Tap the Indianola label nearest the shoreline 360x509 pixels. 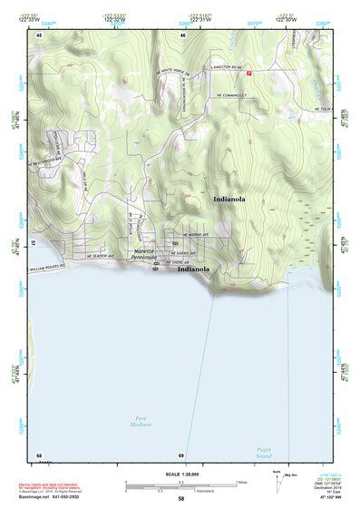click(x=194, y=269)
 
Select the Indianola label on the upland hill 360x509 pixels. click(x=229, y=199)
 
